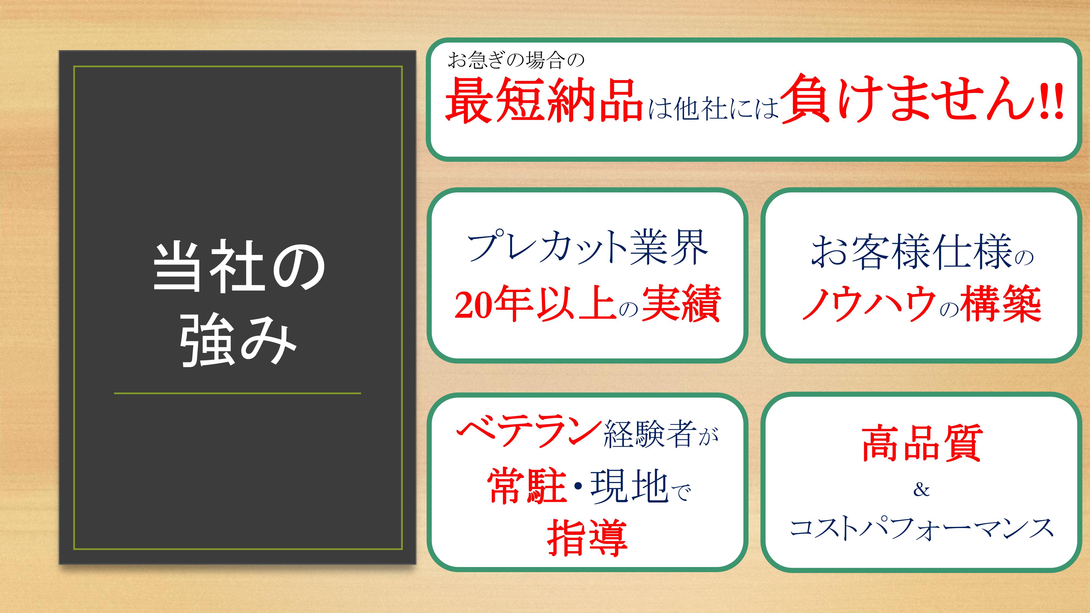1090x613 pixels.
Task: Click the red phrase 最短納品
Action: [544, 101]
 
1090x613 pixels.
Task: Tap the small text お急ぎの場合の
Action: [516, 60]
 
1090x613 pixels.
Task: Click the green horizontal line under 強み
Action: [237, 393]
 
